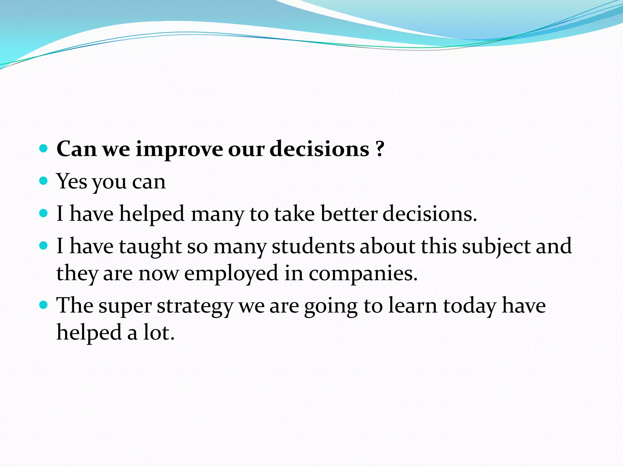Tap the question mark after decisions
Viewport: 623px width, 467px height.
[x=379, y=149]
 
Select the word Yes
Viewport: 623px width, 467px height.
[x=72, y=181]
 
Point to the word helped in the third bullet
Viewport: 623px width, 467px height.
[x=151, y=214]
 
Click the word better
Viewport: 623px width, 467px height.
[x=349, y=214]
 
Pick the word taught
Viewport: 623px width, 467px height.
[x=150, y=246]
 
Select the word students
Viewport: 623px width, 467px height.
[x=313, y=246]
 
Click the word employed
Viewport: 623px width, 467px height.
[x=231, y=273]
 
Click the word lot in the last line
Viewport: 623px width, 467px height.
[x=158, y=332]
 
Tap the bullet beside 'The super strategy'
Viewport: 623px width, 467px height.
[x=44, y=305]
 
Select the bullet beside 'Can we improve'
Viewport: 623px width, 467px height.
[x=44, y=149]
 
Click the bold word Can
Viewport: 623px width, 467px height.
[x=77, y=149]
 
